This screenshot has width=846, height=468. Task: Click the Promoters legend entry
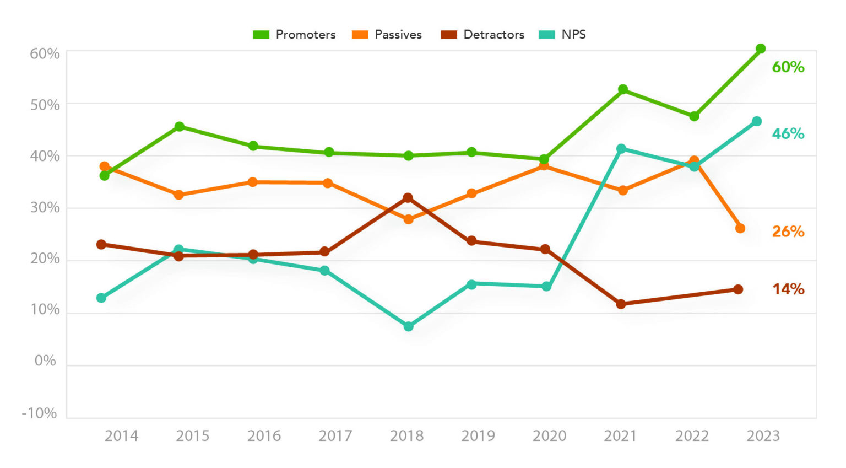(x=294, y=35)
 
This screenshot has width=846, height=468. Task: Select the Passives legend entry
(x=387, y=35)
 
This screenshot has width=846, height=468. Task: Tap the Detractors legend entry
(x=482, y=35)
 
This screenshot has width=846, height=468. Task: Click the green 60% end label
(x=788, y=67)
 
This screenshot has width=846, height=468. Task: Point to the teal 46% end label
(x=788, y=134)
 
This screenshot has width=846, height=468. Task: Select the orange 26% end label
(x=788, y=232)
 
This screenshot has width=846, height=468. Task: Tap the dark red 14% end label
(x=788, y=289)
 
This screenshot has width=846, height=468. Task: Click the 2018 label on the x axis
(x=406, y=436)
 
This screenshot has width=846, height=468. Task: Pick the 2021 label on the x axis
(x=620, y=436)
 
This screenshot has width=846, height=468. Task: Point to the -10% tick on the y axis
(x=39, y=413)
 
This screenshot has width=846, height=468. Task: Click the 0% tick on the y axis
(x=45, y=361)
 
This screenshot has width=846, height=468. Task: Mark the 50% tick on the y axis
(x=45, y=105)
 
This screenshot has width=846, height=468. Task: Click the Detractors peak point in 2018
(x=408, y=198)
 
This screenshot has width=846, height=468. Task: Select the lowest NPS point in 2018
(x=408, y=326)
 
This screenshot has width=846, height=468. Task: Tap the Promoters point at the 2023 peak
(x=761, y=49)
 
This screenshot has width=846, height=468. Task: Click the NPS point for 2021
(x=621, y=149)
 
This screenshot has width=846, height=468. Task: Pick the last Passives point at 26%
(x=740, y=228)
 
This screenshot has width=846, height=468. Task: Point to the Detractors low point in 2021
(x=621, y=304)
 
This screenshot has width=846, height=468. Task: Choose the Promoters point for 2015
(x=180, y=127)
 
